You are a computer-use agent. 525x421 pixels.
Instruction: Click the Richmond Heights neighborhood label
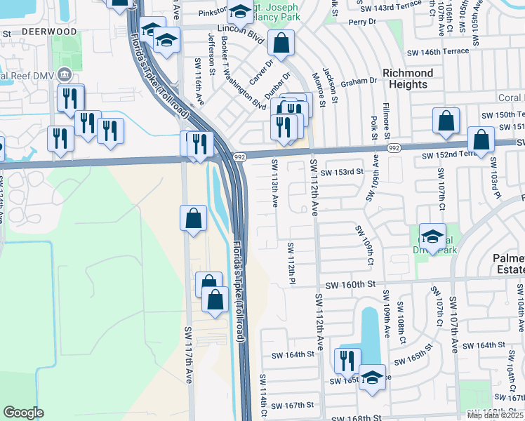pyautogui.click(x=407, y=79)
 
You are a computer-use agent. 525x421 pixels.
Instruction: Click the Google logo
pyautogui.click(x=23, y=413)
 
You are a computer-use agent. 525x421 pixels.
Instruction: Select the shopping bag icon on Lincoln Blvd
pyautogui.click(x=281, y=44)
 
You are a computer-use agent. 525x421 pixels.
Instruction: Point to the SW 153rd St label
pyautogui.click(x=342, y=172)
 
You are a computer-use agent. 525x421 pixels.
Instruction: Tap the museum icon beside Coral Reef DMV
pyautogui.click(x=65, y=74)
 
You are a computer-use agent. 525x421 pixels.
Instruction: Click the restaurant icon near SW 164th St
pyautogui.click(x=347, y=361)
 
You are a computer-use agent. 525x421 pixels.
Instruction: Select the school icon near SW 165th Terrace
pyautogui.click(x=372, y=377)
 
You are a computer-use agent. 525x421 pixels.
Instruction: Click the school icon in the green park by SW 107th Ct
pyautogui.click(x=432, y=236)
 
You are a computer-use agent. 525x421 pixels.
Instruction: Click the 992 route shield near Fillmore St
pyautogui.click(x=394, y=148)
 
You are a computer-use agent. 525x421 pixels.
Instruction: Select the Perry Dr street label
pyautogui.click(x=363, y=22)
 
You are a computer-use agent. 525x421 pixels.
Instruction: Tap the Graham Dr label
pyautogui.click(x=360, y=81)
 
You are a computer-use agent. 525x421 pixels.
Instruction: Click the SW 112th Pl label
pyautogui.click(x=291, y=263)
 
